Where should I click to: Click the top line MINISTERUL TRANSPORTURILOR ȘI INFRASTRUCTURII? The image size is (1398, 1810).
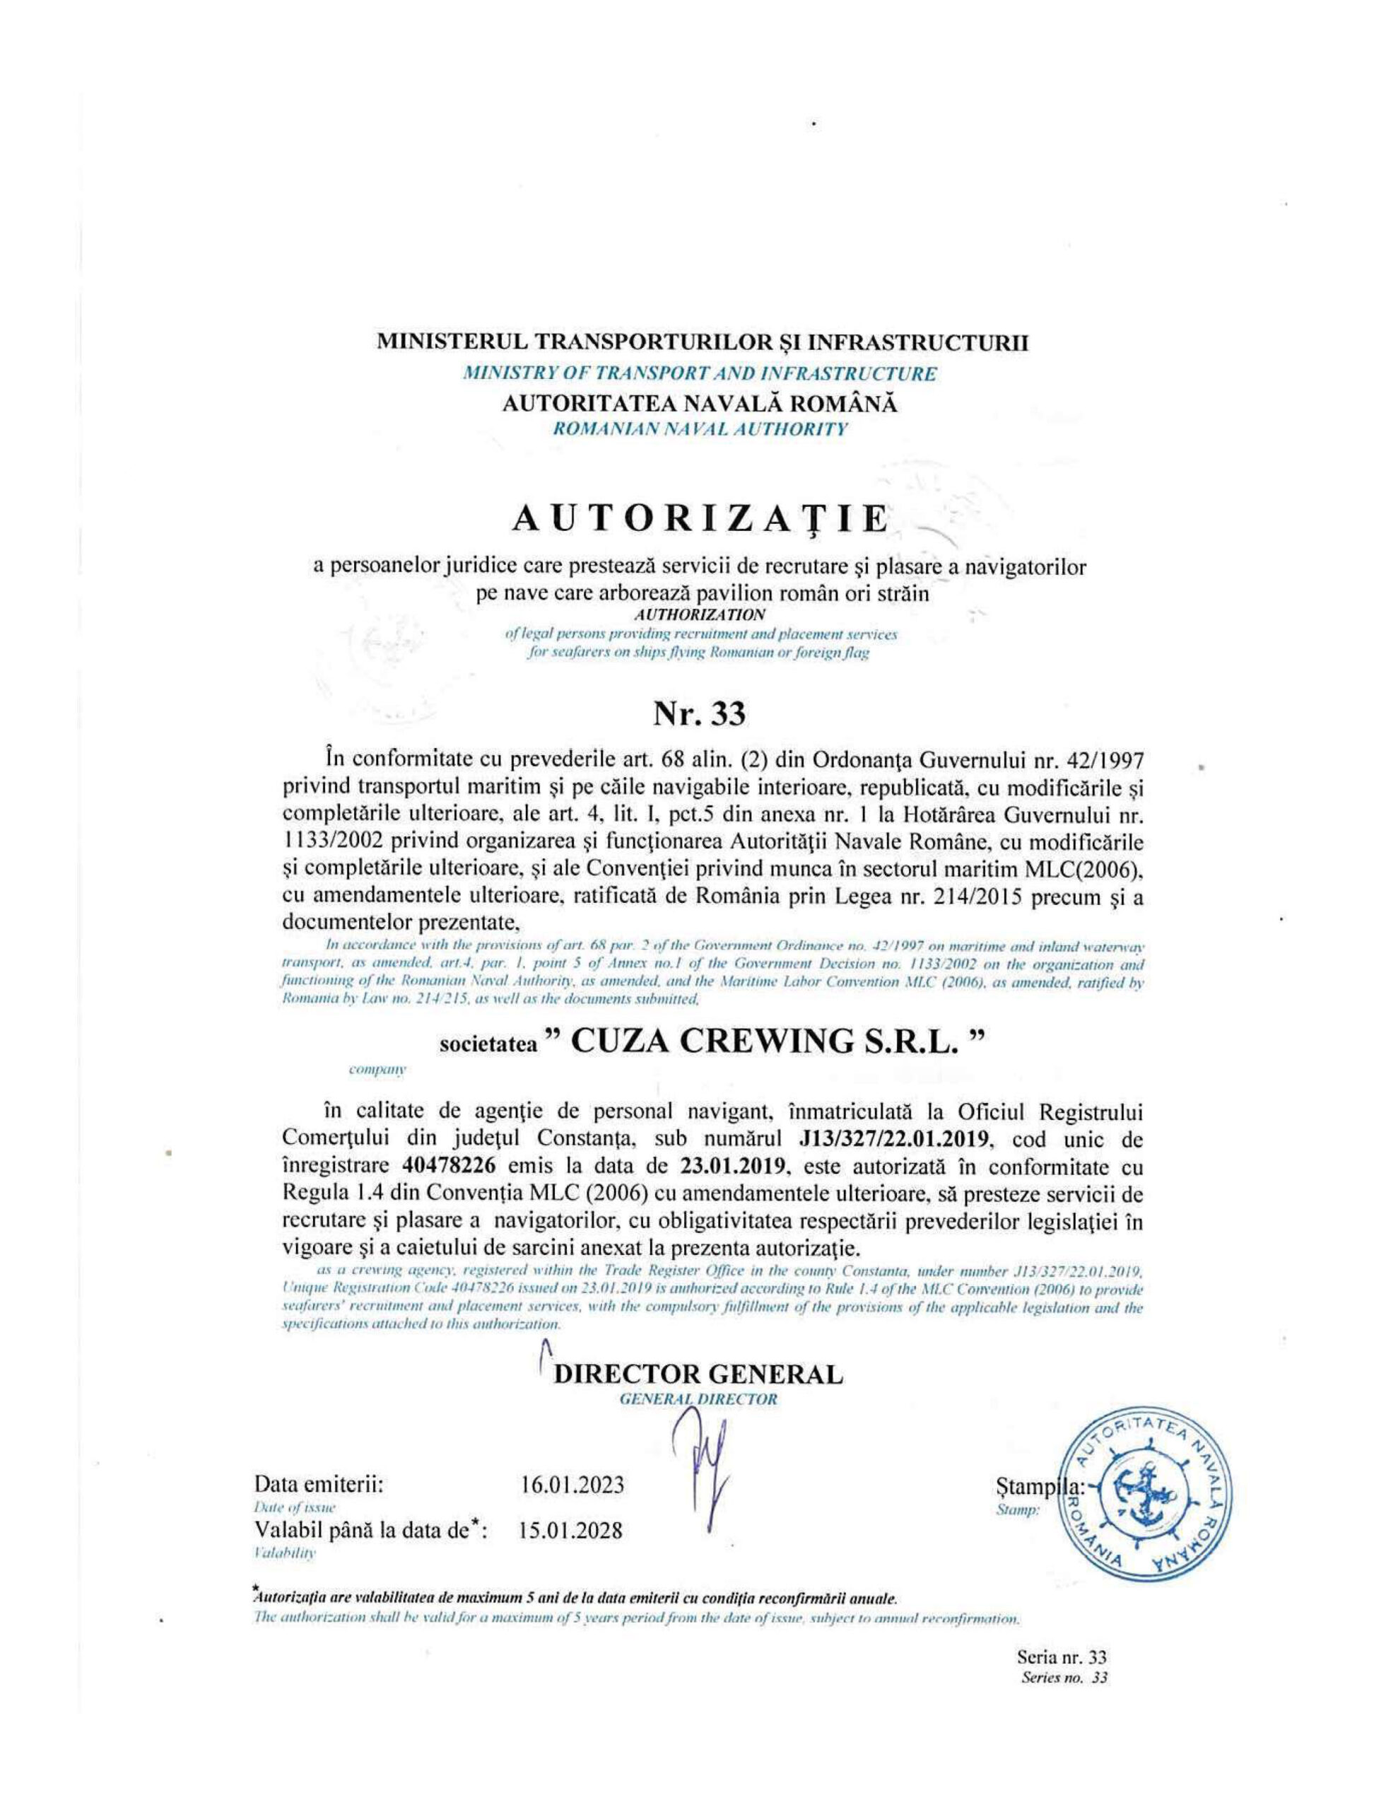(702, 341)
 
